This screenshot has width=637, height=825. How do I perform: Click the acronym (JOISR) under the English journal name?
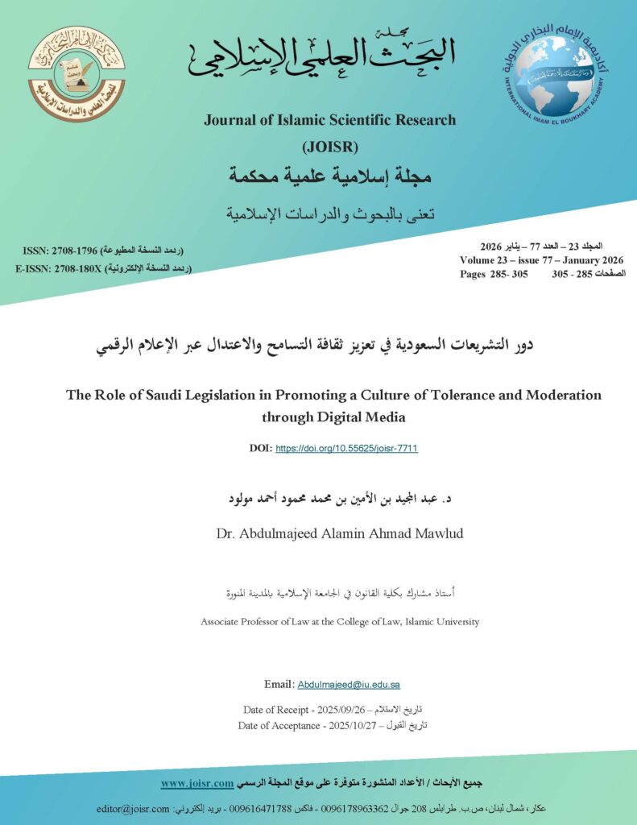(x=329, y=147)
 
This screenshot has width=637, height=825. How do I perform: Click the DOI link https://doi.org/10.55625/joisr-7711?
(x=346, y=448)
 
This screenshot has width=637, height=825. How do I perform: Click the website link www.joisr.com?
(x=197, y=782)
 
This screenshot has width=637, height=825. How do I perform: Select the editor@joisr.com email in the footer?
(x=133, y=808)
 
